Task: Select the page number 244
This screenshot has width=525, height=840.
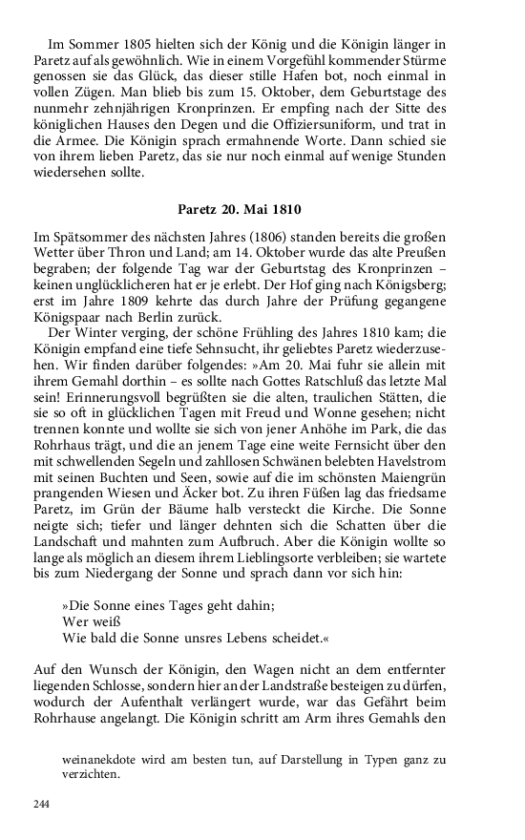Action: coord(41,805)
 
